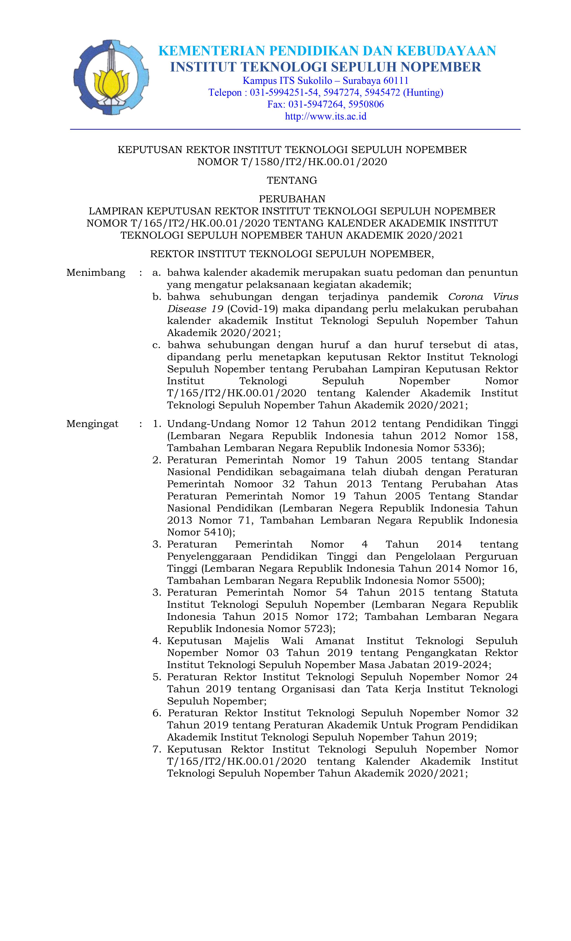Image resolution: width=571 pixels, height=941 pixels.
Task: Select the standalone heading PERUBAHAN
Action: coord(292,199)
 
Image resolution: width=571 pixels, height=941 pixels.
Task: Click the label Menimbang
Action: coord(96,273)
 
